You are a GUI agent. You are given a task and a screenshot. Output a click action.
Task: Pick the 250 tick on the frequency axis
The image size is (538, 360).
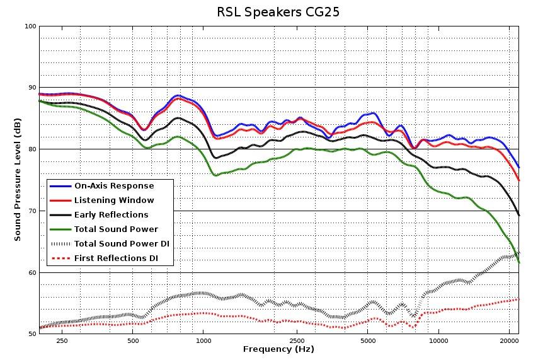[62, 341]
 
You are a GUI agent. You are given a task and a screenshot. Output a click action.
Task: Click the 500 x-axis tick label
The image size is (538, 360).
[133, 341]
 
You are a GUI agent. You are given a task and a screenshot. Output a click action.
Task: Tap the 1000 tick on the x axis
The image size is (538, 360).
[203, 341]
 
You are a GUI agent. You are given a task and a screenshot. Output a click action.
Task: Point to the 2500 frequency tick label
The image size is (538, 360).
[297, 341]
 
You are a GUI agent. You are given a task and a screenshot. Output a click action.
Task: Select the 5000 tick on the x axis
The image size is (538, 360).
[368, 341]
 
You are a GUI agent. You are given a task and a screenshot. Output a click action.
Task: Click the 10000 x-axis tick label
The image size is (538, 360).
[438, 341]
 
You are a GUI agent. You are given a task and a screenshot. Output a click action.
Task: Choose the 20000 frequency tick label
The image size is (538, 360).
[509, 341]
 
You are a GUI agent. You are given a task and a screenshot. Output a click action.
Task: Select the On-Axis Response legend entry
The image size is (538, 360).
[114, 186]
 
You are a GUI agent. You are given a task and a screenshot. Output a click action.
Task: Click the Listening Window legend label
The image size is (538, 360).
[114, 200]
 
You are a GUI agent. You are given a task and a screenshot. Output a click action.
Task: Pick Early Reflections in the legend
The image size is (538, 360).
[112, 215]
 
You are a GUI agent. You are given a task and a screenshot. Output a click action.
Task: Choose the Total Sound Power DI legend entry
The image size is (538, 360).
[122, 243]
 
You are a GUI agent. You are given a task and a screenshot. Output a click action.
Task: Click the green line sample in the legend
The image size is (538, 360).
[60, 229]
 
